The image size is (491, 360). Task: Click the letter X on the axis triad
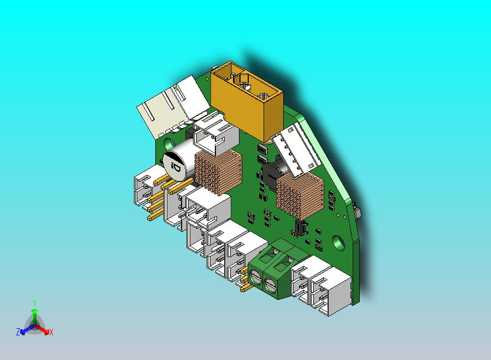click(51, 332)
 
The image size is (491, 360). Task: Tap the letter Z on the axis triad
click(17, 332)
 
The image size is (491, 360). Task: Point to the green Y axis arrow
click(34, 315)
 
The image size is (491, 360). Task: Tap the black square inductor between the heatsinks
click(271, 174)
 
